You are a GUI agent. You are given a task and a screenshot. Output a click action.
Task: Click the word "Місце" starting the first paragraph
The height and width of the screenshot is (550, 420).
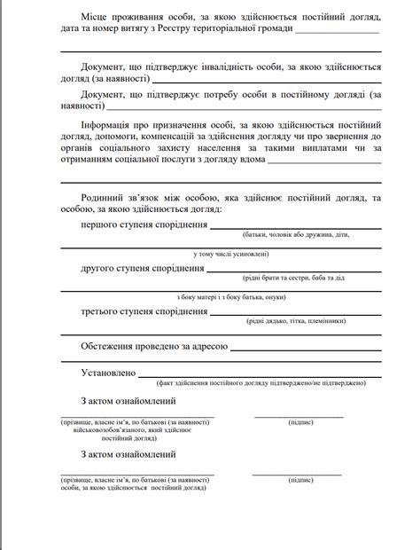click(96, 18)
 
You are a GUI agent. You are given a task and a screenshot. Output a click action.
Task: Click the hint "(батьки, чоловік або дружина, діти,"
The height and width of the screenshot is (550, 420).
click(290, 236)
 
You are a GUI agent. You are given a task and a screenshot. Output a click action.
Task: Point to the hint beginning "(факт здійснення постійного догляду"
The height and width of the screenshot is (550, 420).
click(259, 383)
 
